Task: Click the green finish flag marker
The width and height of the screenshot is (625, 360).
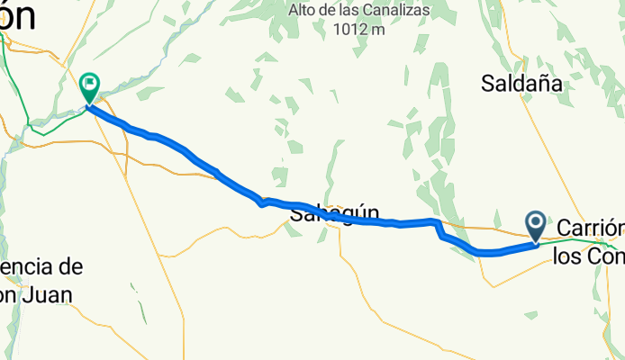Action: click(90, 87)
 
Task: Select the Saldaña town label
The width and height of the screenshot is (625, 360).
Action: click(521, 85)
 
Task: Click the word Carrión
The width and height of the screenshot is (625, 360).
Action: click(591, 227)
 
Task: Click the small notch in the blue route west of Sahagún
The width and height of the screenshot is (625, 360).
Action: click(262, 202)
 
